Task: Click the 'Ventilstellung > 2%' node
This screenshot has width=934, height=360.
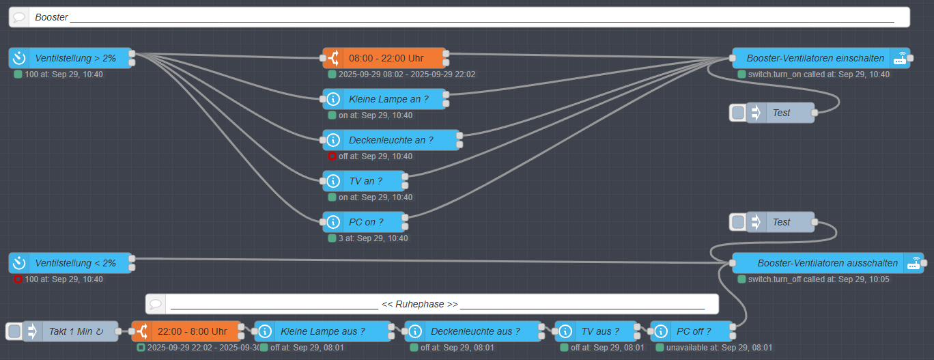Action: tap(75, 59)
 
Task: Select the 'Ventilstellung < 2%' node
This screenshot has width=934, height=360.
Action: tap(75, 263)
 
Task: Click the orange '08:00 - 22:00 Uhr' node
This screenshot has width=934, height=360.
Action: tap(386, 58)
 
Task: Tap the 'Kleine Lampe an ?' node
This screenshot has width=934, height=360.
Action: tap(388, 99)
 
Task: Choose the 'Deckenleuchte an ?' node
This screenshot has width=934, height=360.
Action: tap(391, 140)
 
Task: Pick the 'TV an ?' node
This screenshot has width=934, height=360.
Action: tap(365, 181)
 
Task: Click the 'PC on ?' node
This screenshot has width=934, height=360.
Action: tap(365, 222)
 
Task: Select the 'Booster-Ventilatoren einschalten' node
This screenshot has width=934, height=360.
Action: tap(815, 58)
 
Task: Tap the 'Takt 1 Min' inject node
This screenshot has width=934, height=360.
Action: tap(75, 331)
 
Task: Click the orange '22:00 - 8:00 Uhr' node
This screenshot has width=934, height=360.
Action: tap(192, 331)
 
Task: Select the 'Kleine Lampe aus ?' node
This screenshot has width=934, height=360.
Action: tap(322, 331)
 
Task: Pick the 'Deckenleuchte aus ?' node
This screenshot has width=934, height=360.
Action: tap(471, 331)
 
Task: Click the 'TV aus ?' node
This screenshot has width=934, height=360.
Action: tap(600, 331)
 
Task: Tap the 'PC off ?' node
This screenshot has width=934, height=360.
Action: tap(693, 331)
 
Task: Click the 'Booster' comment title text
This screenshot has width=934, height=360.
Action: tap(52, 17)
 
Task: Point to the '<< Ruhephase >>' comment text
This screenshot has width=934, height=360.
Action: tap(419, 304)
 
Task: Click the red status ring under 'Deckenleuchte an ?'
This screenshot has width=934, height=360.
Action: tap(332, 156)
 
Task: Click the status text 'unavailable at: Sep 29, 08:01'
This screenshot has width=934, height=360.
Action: tap(719, 348)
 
